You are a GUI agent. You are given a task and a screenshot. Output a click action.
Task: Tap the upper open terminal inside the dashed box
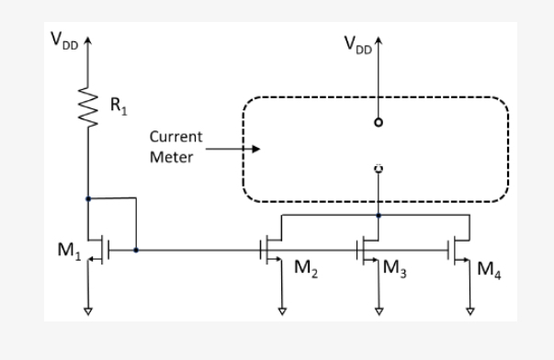(379, 121)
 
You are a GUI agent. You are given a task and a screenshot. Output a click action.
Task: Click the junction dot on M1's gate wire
(136, 249)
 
